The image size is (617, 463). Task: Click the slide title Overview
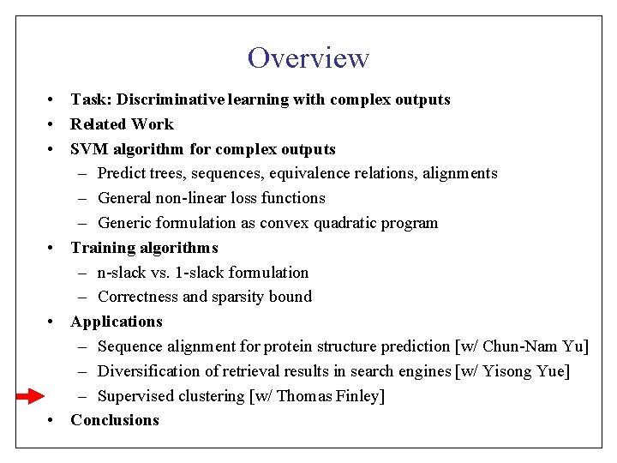[x=308, y=57]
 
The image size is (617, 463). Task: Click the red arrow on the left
[x=30, y=396]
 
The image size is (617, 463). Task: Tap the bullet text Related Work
[x=122, y=124]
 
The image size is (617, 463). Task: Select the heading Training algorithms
[x=144, y=248]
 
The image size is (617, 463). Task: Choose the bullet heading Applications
[x=117, y=322]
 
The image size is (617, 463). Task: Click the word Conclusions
[x=115, y=420]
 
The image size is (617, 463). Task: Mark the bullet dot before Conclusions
[x=52, y=420]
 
